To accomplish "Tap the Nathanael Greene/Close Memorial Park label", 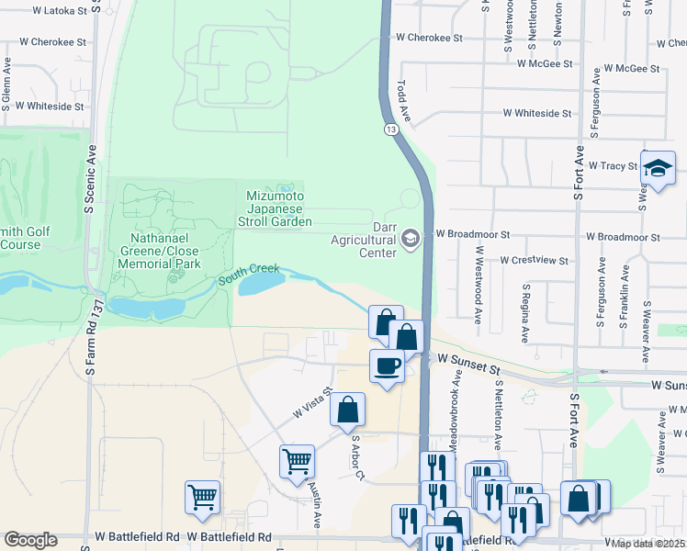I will pos(158,251).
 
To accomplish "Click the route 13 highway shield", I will pos(392,129).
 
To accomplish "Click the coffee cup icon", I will pos(387,365).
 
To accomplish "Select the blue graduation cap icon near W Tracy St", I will pos(658,167).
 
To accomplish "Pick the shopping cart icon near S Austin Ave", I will pos(297,461).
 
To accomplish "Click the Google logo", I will pos(30,540).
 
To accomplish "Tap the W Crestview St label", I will pos(535,260).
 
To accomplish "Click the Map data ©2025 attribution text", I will pos(647,544).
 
